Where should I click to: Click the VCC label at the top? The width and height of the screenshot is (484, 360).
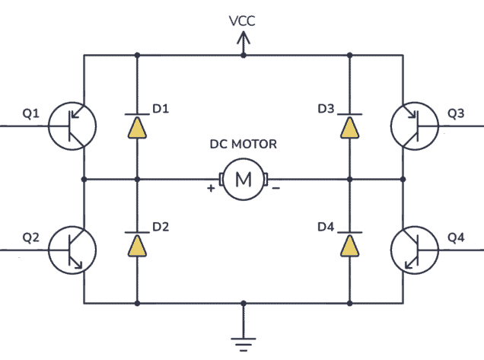pos(242,21)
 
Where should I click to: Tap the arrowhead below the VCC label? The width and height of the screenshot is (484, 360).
pos(244,38)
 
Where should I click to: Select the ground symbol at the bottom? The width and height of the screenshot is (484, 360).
pos(244,344)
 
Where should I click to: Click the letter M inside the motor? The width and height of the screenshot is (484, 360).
pos(244,179)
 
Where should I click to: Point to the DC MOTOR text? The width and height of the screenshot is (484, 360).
pos(244,144)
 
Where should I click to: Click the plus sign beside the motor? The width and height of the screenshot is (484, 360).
pos(211,188)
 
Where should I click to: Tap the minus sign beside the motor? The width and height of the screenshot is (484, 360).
pos(276,188)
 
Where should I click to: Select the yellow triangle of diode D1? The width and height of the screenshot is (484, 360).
pos(137,128)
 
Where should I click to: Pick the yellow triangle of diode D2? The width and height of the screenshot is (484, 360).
pos(137,246)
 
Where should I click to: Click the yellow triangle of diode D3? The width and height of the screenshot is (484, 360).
pos(349,128)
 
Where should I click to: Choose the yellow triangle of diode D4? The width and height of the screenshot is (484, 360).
pos(349,246)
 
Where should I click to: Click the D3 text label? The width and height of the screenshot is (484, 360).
pos(326,109)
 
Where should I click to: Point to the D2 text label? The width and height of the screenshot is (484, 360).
pos(161,227)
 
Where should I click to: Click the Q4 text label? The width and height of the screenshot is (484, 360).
pos(456,237)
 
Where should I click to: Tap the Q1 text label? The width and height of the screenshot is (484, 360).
pos(31,113)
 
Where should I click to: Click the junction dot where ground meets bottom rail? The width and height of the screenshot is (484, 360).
pos(244,303)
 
